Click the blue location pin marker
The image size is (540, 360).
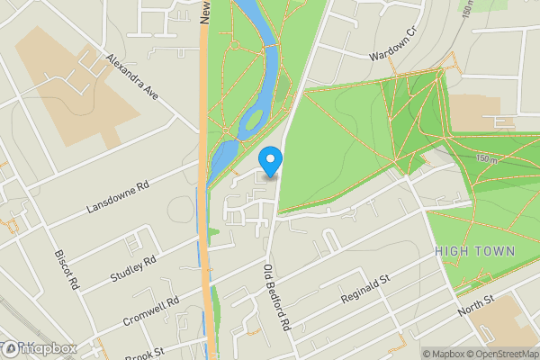(270, 160)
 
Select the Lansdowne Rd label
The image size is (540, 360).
(117, 198)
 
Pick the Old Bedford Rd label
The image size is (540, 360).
(275, 296)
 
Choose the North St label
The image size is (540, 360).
(476, 304)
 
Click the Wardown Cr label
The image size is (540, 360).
(394, 42)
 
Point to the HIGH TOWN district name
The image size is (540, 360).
(474, 251)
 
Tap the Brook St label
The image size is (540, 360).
(144, 352)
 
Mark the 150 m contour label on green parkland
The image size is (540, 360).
(488, 159)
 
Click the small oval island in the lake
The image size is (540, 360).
(255, 120)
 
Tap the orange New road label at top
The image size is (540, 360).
(205, 11)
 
